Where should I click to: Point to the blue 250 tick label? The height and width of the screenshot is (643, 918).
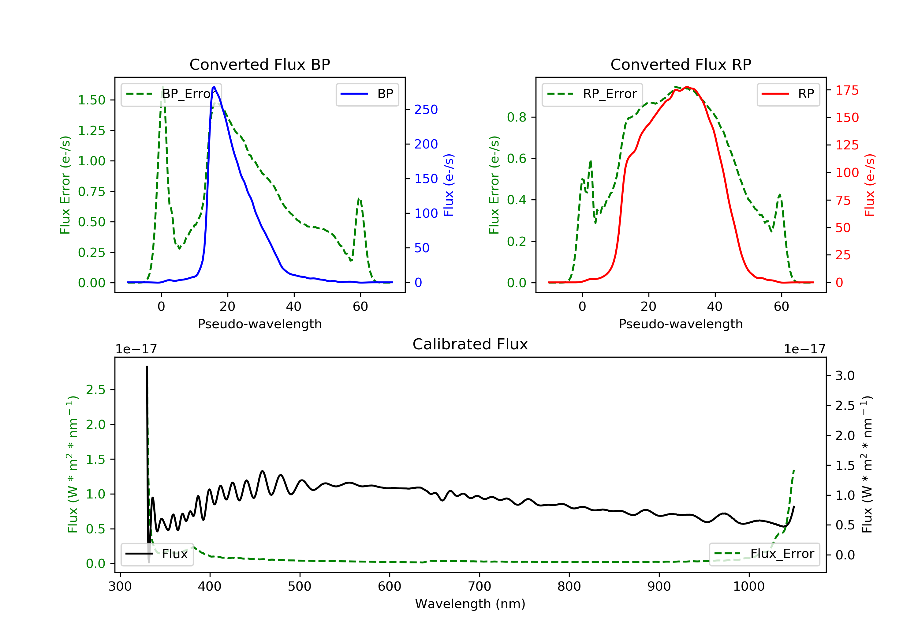coord(426,110)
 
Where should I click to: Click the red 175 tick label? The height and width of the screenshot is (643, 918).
coord(847,90)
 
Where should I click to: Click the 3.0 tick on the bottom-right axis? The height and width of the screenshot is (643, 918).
coord(845,376)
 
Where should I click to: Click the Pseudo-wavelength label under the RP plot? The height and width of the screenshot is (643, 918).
coord(681,324)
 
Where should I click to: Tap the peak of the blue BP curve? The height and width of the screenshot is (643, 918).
coord(214,87)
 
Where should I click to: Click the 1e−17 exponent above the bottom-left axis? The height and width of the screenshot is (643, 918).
coord(136,349)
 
